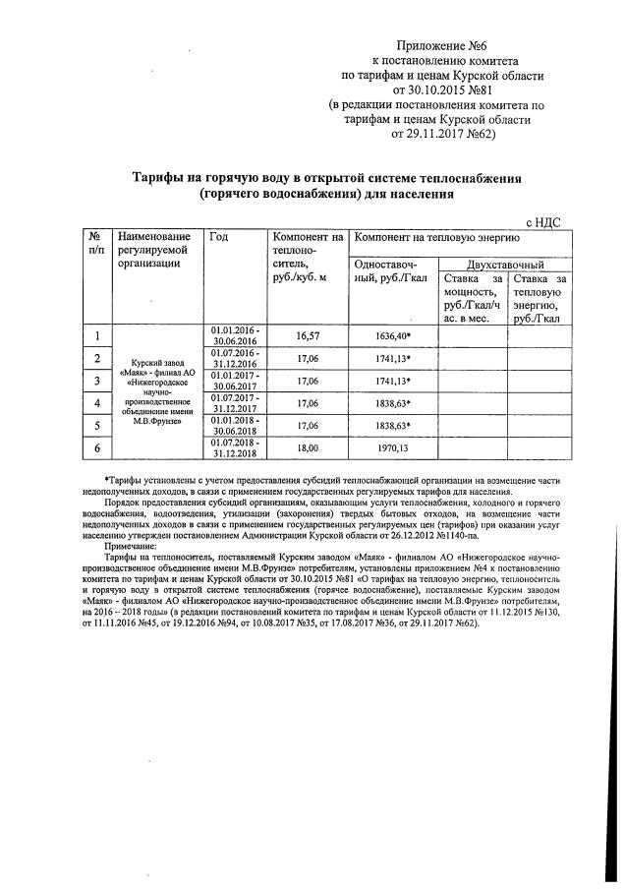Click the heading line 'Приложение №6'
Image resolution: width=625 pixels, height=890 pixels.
point(441,45)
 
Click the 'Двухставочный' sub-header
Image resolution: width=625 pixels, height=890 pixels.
point(505,265)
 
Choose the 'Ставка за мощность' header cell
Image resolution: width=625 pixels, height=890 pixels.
point(471,299)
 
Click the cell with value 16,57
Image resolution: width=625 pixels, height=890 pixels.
point(309,335)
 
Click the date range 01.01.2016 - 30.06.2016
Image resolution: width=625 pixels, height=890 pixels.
point(235,335)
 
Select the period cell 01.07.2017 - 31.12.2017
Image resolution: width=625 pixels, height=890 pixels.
point(235,402)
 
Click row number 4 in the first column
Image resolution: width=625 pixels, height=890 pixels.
point(97,402)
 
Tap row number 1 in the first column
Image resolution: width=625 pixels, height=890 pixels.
point(97,335)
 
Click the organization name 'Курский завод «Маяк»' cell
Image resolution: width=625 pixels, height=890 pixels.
point(157,391)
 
